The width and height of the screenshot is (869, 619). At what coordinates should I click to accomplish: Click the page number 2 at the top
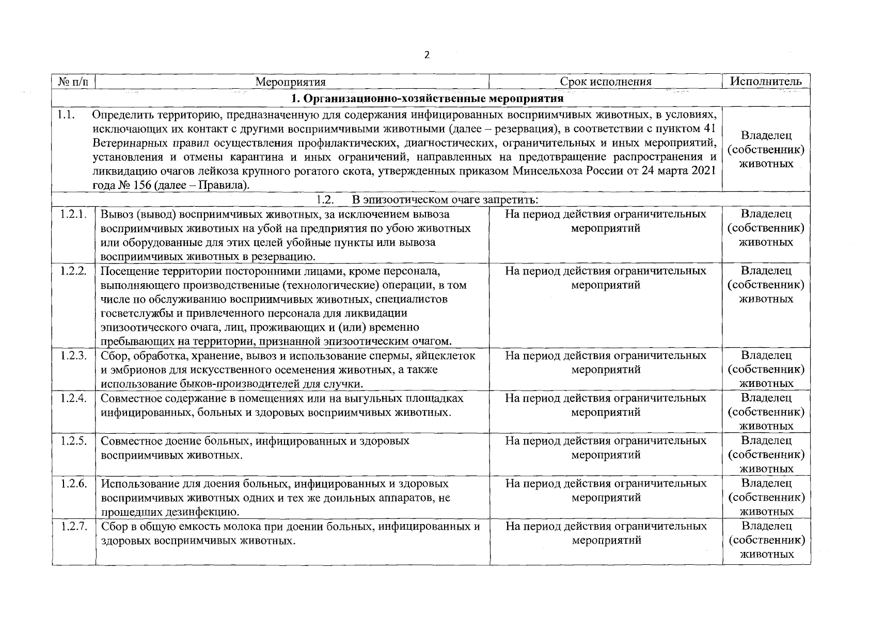(426, 56)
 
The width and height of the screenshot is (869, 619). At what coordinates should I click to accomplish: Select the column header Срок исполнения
(606, 82)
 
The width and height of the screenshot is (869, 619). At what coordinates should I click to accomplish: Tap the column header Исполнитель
(765, 81)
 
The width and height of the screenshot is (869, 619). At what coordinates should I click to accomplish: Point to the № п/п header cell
(73, 82)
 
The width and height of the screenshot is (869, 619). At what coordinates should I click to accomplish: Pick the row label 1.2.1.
(73, 214)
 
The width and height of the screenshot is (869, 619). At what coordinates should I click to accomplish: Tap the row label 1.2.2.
(73, 270)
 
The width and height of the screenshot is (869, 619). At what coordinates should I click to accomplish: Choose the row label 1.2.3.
(73, 355)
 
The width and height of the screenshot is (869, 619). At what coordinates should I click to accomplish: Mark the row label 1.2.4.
(73, 398)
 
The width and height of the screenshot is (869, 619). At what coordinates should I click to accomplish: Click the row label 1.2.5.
(73, 441)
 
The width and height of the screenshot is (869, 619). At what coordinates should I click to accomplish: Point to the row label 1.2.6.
(73, 483)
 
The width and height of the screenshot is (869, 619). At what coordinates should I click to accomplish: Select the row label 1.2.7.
(73, 526)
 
